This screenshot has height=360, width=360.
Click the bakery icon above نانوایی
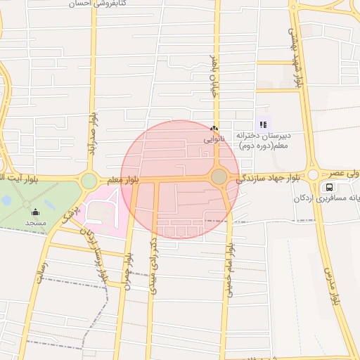pyautogui.click(x=214, y=129)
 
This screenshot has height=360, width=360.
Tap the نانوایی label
pyautogui.click(x=214, y=139)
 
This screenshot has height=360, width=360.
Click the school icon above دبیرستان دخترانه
pyautogui.click(x=264, y=124)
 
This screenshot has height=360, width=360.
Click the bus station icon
pyautogui.click(x=328, y=187)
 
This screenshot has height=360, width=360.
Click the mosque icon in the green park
pyautogui.click(x=35, y=212)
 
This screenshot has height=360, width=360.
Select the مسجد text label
pyautogui.click(x=35, y=222)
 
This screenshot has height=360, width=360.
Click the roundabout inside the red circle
pyautogui.click(x=219, y=176)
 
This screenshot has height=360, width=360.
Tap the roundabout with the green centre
pyautogui.click(x=89, y=181)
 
